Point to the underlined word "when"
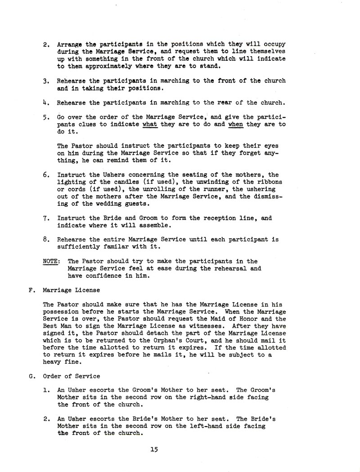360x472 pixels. (x=236, y=125)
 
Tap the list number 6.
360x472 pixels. (x=46, y=175)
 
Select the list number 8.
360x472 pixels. (x=46, y=240)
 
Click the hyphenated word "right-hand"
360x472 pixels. (x=198, y=397)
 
